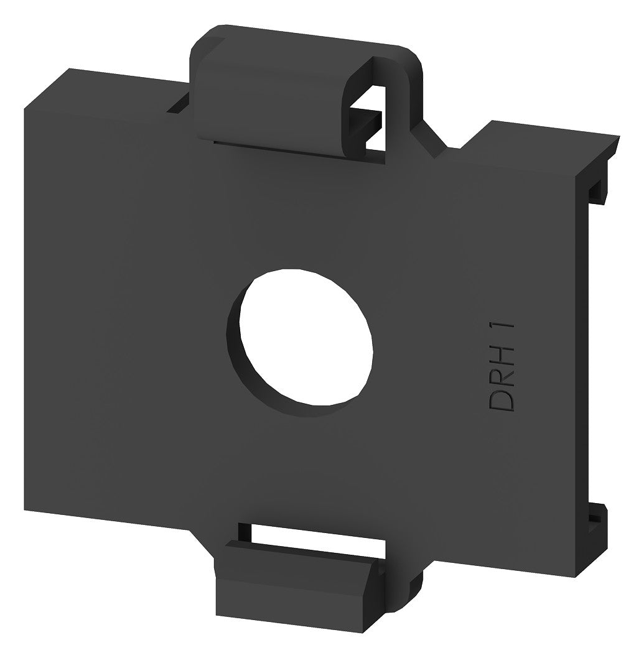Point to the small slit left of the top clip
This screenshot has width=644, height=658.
pos(178,104)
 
